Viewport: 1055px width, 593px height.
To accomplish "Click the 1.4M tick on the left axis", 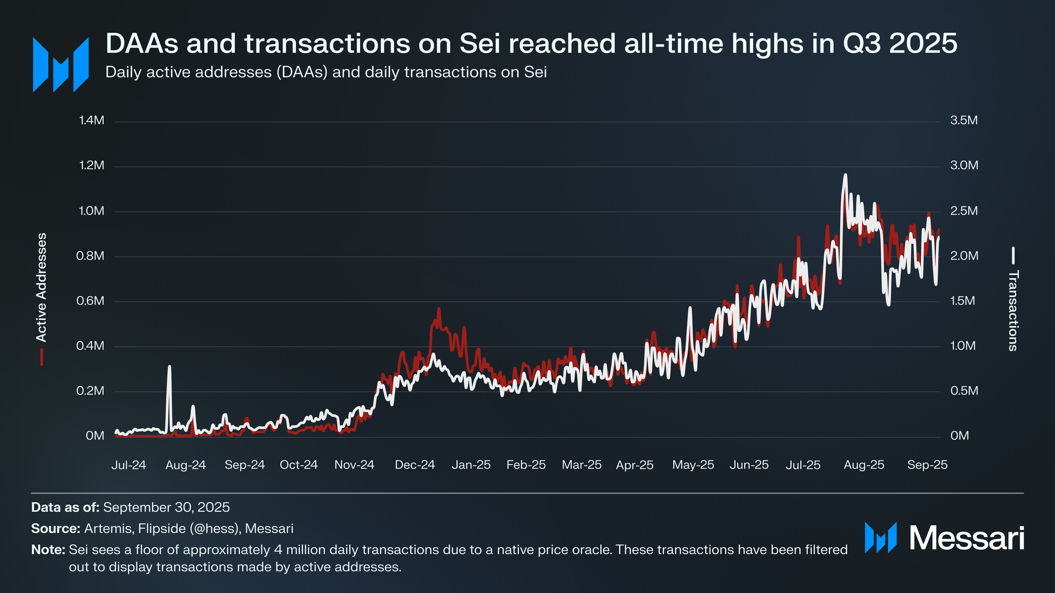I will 92,121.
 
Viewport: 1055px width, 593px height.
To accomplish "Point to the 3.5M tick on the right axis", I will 964,121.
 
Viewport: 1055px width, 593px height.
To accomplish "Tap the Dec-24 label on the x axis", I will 415,465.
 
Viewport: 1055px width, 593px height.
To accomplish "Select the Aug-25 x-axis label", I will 864,465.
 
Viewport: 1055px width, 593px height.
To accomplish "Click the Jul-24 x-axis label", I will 129,465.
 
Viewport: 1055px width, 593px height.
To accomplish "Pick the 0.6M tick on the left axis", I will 90,301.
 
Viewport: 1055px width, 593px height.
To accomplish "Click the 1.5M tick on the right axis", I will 962,301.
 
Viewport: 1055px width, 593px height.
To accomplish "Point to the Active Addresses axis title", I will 41,287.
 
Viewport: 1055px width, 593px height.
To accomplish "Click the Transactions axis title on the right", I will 1013,311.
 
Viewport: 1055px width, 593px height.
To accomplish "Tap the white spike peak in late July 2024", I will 169,367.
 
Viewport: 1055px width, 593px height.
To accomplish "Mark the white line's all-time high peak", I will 845,175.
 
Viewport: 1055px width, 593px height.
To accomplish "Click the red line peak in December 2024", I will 438,309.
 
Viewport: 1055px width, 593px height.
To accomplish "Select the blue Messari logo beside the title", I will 61,64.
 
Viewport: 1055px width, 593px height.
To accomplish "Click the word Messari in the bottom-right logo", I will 966,538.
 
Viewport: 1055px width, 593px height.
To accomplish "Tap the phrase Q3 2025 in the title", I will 900,44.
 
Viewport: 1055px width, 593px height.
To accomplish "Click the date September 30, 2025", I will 166,507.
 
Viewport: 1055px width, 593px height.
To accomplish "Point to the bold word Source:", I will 56,529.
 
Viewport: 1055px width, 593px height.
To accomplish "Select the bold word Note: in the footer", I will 48,550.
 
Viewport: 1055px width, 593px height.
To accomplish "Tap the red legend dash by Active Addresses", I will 42,357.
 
